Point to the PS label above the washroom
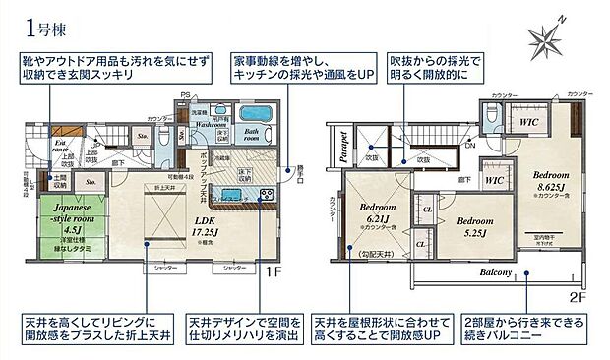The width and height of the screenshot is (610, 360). tap(185, 95)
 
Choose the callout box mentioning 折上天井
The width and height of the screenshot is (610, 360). tap(94, 330)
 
